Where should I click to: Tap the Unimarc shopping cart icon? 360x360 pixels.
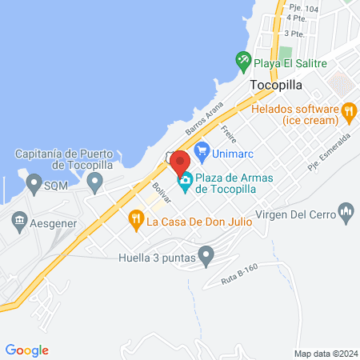coord(202,150)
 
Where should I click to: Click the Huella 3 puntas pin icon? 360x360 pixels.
coord(206,257)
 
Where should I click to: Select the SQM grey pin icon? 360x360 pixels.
coord(34,185)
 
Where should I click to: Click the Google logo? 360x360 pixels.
coord(27,350)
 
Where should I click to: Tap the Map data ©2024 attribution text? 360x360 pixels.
coord(324,353)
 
